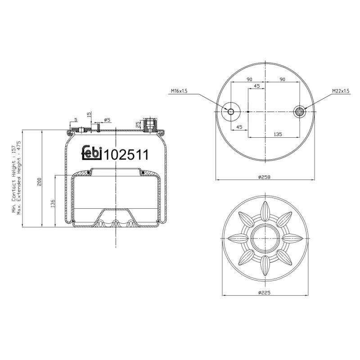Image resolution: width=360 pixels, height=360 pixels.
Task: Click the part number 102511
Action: [x=126, y=155]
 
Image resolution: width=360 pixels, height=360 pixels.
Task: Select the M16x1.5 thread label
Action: [x=179, y=91]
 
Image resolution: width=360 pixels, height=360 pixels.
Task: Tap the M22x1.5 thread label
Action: [x=341, y=91]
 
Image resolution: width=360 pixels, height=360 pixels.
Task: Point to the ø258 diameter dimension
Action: [x=265, y=177]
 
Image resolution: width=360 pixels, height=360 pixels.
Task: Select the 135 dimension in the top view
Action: [x=278, y=134]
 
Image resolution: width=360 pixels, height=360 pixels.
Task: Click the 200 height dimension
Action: [x=40, y=181]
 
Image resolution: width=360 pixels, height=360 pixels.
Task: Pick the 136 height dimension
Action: [x=53, y=203]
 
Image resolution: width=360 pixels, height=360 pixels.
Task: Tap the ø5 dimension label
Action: [x=107, y=120]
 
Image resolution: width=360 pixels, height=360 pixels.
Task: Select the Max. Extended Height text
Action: [x=19, y=178]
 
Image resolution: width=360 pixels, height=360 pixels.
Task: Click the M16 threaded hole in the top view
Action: [x=231, y=112]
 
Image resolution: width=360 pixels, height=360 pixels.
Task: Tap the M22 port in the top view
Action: [x=299, y=112]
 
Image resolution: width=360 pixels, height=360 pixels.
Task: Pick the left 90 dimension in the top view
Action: [x=248, y=80]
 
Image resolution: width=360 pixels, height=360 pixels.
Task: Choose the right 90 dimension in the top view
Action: [x=283, y=80]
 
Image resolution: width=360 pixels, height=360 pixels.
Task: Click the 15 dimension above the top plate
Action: [x=90, y=115]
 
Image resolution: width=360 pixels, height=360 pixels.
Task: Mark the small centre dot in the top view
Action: [x=248, y=112]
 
